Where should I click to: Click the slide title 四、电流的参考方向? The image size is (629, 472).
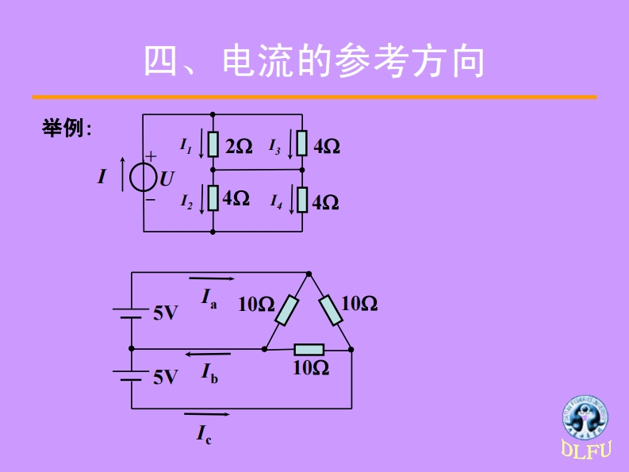[x=314, y=62]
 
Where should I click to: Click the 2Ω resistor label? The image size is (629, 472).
[x=238, y=147]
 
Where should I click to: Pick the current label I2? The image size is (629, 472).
[x=186, y=201]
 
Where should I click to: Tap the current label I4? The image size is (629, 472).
[x=274, y=201]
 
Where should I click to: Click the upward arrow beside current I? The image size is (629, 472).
[x=122, y=175]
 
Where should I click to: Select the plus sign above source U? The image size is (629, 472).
[x=151, y=158]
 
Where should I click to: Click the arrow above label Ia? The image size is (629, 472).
[x=212, y=279]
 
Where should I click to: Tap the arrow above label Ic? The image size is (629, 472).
[x=207, y=414]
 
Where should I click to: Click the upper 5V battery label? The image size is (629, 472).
[x=165, y=313]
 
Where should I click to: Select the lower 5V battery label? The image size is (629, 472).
[x=165, y=377]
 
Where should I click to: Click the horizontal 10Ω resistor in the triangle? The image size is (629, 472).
[x=309, y=349]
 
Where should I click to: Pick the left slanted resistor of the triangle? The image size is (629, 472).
[x=286, y=310]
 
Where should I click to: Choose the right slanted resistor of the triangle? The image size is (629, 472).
[x=331, y=310]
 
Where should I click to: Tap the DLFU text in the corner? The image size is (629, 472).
[x=587, y=451]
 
